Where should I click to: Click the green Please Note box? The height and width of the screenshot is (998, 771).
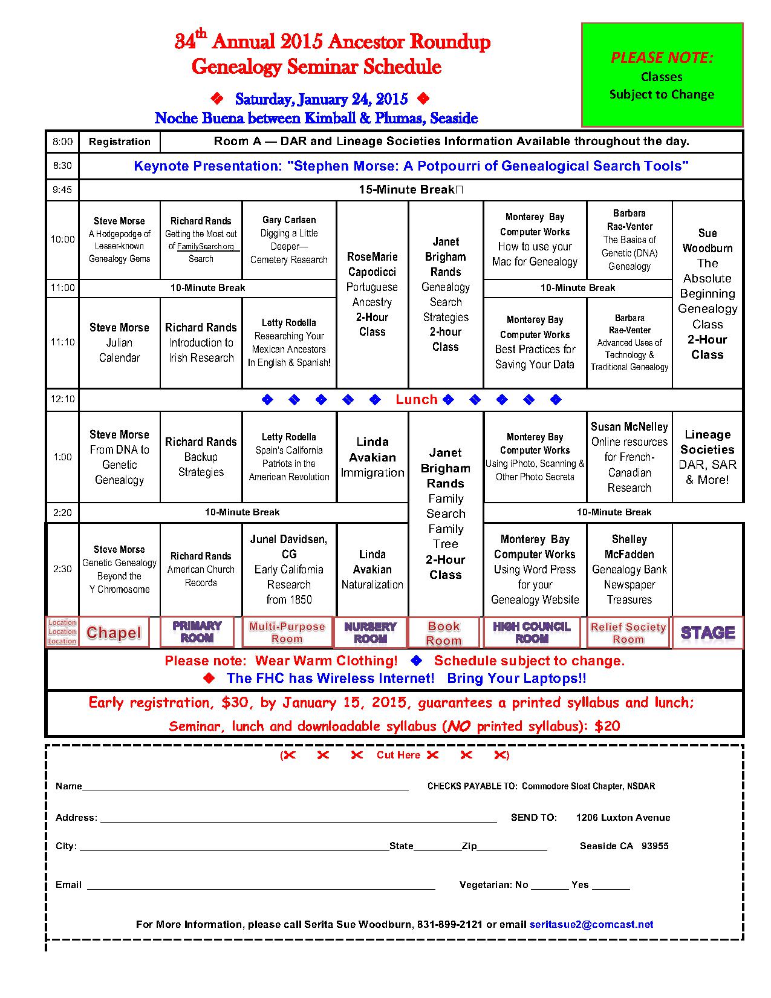pyautogui.click(x=662, y=75)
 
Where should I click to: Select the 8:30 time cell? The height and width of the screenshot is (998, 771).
pyautogui.click(x=62, y=166)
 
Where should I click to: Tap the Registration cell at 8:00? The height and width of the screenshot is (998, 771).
pyautogui.click(x=120, y=142)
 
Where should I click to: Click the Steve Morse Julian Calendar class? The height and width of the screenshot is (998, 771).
pyautogui.click(x=119, y=342)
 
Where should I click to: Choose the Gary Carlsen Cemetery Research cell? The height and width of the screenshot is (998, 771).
pyautogui.click(x=289, y=240)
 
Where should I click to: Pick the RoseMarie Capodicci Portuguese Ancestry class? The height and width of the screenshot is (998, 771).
pyautogui.click(x=372, y=294)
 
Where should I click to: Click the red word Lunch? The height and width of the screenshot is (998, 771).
pyautogui.click(x=416, y=399)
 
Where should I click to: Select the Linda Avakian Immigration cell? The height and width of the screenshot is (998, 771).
pyautogui.click(x=372, y=457)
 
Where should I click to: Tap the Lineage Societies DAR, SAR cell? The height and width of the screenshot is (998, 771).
pyautogui.click(x=707, y=457)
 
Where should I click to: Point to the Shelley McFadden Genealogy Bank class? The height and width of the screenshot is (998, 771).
pyautogui.click(x=629, y=569)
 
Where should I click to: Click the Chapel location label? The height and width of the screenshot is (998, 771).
pyautogui.click(x=114, y=633)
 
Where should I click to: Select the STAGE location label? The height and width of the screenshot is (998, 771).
pyautogui.click(x=708, y=633)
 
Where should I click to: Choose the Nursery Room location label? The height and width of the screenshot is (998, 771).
pyautogui.click(x=370, y=633)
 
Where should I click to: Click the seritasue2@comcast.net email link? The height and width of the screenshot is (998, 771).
pyautogui.click(x=591, y=924)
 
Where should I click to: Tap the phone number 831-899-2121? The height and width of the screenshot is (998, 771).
pyautogui.click(x=450, y=924)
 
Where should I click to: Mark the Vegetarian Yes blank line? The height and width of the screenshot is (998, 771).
pyautogui.click(x=611, y=885)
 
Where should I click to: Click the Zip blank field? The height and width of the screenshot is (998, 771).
pyautogui.click(x=512, y=847)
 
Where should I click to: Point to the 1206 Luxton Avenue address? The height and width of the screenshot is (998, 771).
pyautogui.click(x=623, y=818)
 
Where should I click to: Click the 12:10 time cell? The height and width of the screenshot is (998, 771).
pyautogui.click(x=62, y=399)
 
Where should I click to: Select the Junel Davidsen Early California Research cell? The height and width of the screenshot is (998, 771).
pyautogui.click(x=289, y=569)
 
